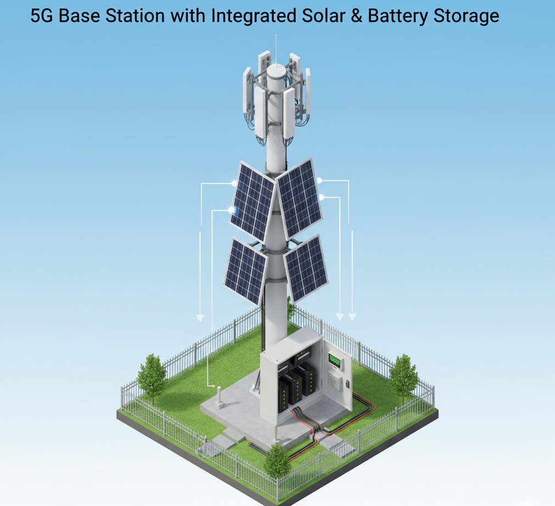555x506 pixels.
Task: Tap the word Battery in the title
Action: (x=397, y=16)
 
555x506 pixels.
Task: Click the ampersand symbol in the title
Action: (x=356, y=16)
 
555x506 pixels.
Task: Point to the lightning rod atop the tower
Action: (x=276, y=49)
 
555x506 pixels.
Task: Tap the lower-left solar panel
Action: (x=245, y=271)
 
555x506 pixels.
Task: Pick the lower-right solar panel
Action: (x=306, y=268)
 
